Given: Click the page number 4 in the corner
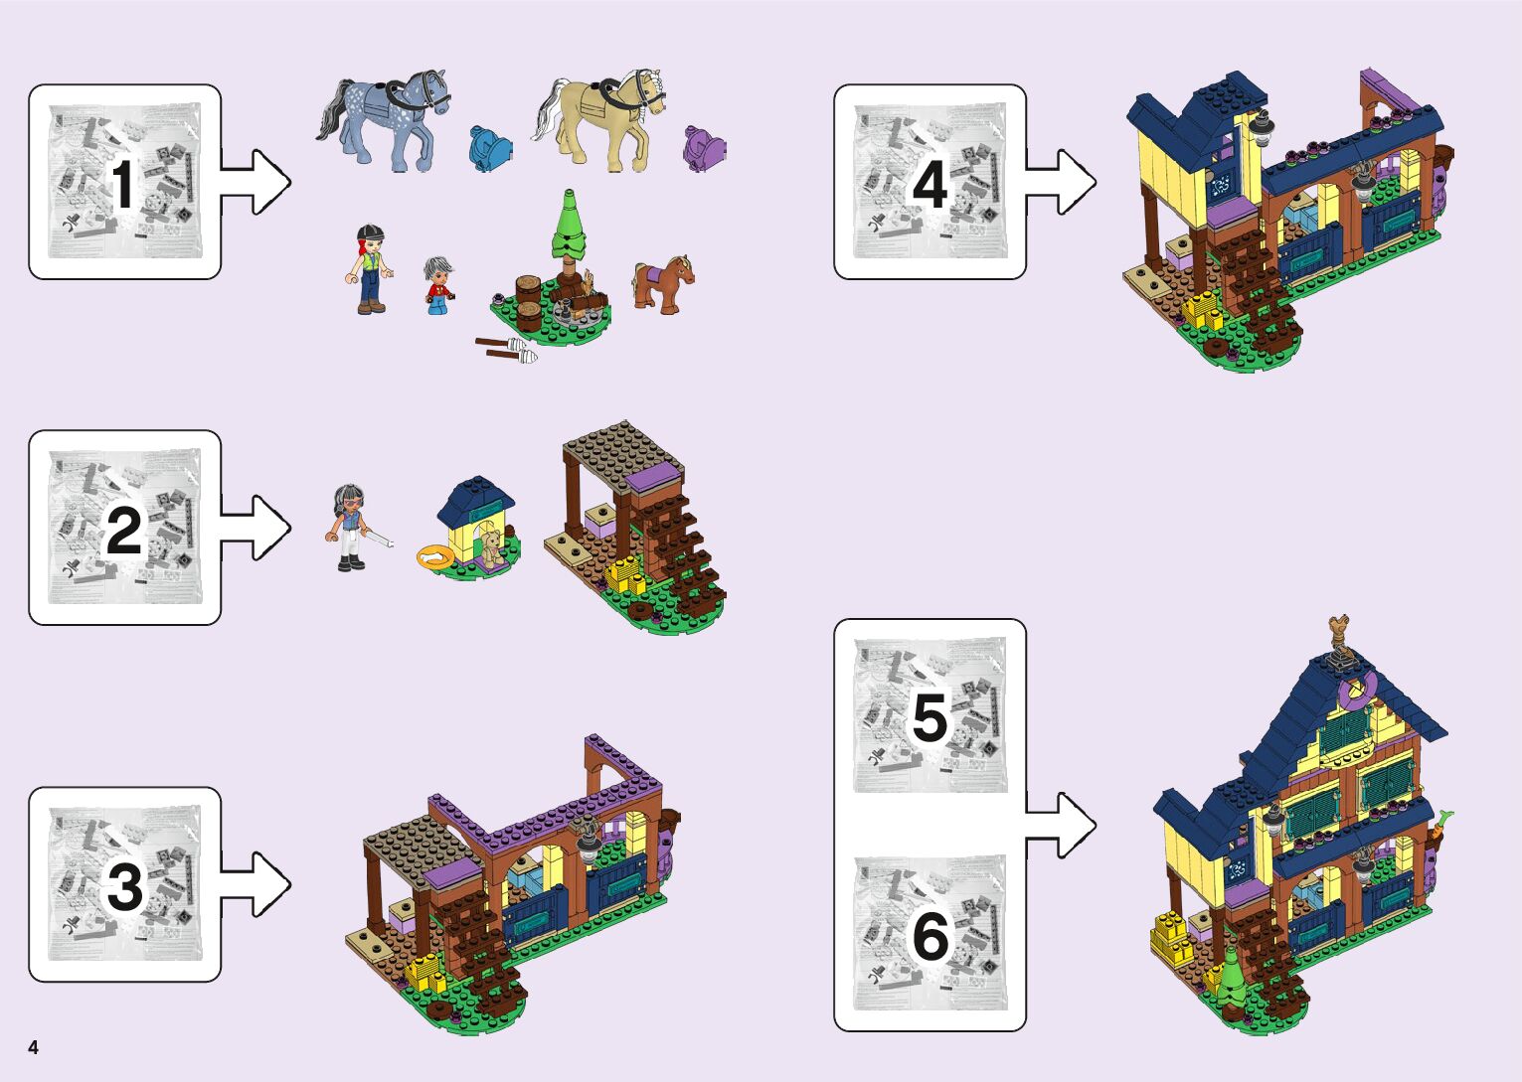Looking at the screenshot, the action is coord(34,1047).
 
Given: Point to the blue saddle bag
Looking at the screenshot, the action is coord(490,147).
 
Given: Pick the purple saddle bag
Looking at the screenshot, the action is coord(704,148).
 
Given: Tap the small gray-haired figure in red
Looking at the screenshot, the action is coord(436,285).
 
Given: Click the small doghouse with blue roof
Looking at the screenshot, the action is coord(479,525).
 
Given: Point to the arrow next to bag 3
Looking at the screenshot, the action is coord(256,884).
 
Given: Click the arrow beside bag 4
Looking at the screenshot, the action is coord(1062,183).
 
